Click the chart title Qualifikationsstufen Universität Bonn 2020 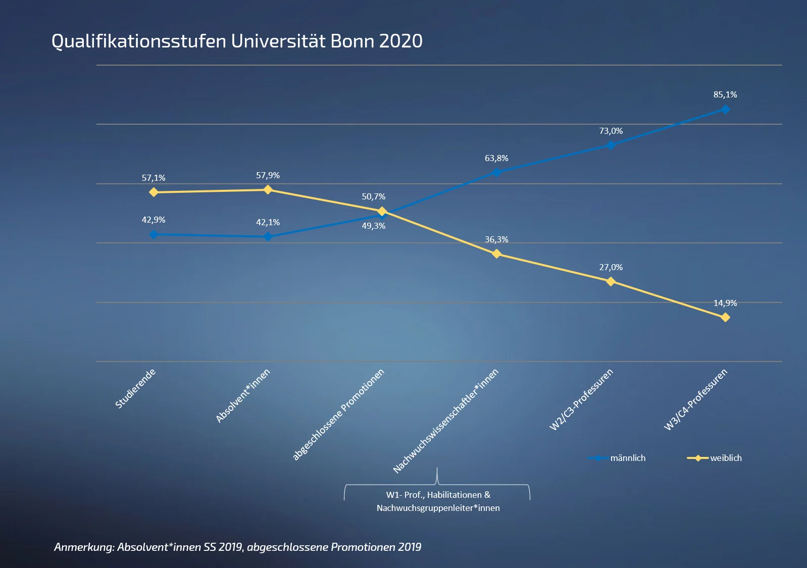[x=237, y=41]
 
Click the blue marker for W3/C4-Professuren [x=725, y=109]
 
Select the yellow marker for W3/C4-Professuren [x=725, y=318]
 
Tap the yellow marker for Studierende [x=154, y=192]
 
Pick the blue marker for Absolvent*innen [x=268, y=236]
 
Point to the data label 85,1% [x=725, y=94]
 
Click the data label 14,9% [x=725, y=303]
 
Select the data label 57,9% [x=268, y=175]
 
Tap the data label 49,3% [x=374, y=226]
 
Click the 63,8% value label [x=496, y=158]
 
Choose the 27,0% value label [x=611, y=267]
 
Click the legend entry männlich [x=627, y=458]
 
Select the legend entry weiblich [x=726, y=458]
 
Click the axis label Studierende [x=135, y=388]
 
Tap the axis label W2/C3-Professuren [x=581, y=399]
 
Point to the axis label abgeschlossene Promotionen [x=338, y=415]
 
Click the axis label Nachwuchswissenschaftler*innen [x=446, y=421]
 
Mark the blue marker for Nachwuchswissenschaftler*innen [x=496, y=172]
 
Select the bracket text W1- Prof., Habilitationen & [x=438, y=495]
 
